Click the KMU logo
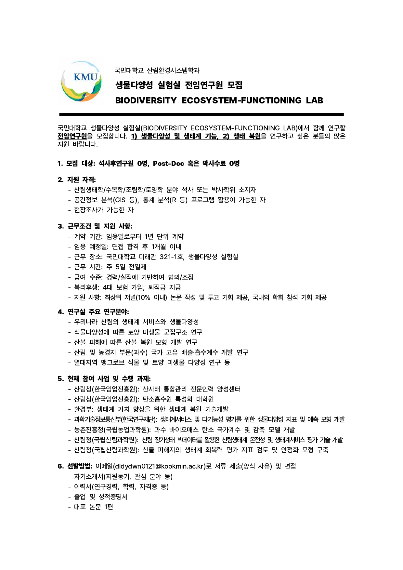click(x=81, y=82)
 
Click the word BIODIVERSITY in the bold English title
click(x=146, y=100)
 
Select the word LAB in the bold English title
click(x=314, y=100)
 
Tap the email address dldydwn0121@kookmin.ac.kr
click(x=159, y=466)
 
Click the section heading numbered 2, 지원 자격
click(x=77, y=179)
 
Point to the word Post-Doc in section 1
click(x=168, y=164)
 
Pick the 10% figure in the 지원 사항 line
click(x=143, y=298)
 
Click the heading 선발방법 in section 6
click(x=80, y=466)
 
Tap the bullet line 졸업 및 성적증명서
click(x=101, y=497)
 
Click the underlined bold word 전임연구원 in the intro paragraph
click(x=75, y=136)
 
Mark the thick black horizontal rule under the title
click(x=201, y=114)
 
